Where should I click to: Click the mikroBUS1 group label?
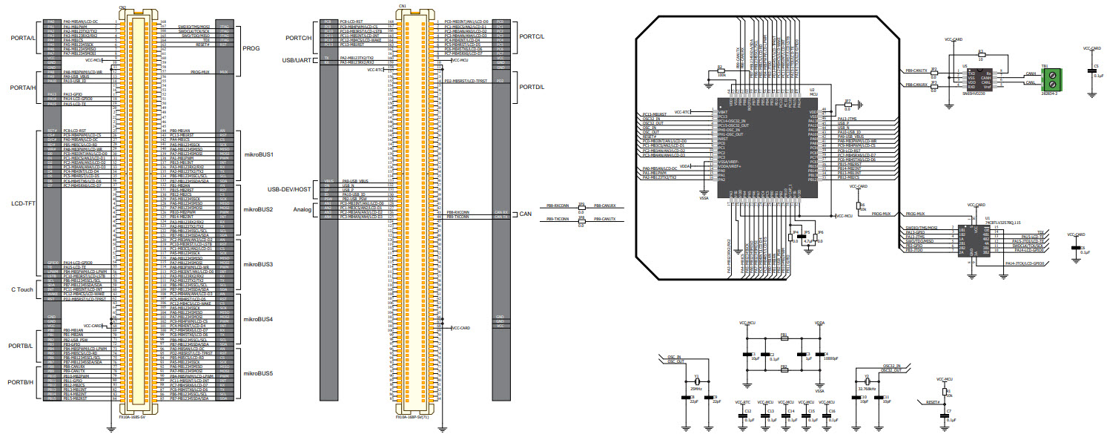259,155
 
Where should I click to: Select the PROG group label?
252,47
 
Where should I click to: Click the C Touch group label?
22,289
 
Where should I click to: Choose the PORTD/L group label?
532,86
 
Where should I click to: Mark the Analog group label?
303,209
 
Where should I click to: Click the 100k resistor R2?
718,70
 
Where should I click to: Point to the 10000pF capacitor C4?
819,354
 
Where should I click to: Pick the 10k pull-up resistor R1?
944,392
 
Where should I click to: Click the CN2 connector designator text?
122,7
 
